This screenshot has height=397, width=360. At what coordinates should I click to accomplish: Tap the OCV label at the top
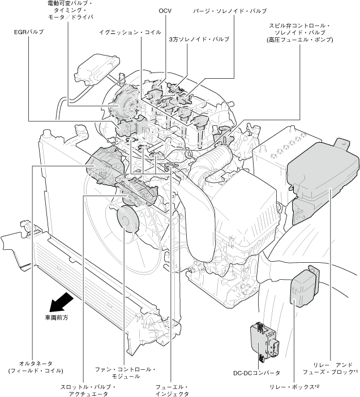click(x=164, y=11)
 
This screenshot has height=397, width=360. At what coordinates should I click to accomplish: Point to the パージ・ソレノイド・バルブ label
click(x=229, y=11)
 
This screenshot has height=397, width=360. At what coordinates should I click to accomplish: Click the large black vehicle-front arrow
click(x=61, y=301)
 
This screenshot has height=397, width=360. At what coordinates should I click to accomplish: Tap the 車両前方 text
click(x=57, y=318)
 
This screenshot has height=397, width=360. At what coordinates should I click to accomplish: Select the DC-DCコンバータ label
click(x=256, y=373)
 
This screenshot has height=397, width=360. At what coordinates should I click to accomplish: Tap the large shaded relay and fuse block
click(x=323, y=170)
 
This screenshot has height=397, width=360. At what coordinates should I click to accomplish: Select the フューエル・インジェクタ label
click(x=172, y=390)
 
